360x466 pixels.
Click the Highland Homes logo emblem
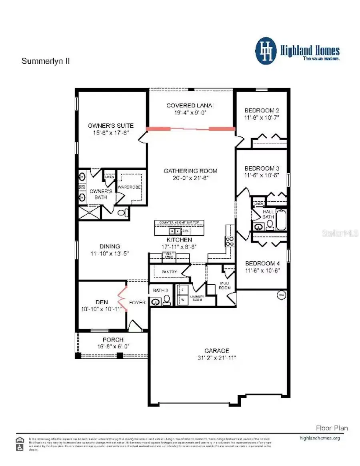[x=266, y=51]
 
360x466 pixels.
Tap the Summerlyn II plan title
[x=46, y=62]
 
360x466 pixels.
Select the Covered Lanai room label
[x=190, y=105]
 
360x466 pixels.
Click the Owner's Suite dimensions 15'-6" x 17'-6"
[x=111, y=133]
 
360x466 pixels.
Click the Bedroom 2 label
[x=262, y=110]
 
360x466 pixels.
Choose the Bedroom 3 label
[x=262, y=169]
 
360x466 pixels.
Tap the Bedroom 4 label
[x=262, y=263]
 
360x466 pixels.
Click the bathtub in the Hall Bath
[x=281, y=220]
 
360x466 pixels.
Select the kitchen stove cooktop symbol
[x=230, y=241]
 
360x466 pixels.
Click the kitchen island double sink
[x=174, y=231]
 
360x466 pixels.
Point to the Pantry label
[x=169, y=272]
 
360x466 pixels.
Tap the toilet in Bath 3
[x=166, y=301]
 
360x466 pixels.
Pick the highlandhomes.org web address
[x=320, y=438]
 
